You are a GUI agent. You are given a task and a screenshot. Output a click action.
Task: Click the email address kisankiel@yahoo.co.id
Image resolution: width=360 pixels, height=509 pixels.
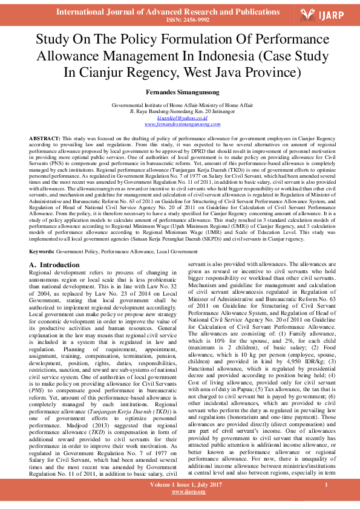point(179,118)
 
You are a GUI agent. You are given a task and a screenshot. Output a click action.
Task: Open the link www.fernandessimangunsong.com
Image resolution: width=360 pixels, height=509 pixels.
point(180,124)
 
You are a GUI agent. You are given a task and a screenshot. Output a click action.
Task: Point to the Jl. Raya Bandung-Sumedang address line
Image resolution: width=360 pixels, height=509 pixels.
point(180,112)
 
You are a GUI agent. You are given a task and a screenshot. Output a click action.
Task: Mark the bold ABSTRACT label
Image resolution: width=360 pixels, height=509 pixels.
point(44,138)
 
